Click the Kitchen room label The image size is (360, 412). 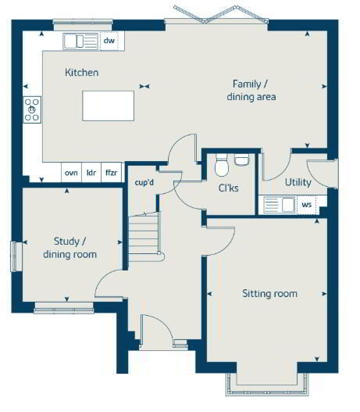click(x=81, y=73)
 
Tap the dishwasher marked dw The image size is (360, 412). click(x=109, y=41)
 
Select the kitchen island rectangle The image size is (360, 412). click(x=108, y=106)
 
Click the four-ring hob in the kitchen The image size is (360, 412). click(x=32, y=109)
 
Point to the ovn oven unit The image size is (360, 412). click(x=71, y=173)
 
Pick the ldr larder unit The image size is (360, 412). click(x=91, y=173)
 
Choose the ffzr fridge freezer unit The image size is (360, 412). click(x=111, y=173)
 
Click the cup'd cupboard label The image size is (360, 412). click(x=144, y=183)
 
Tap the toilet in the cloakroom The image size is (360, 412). click(x=222, y=166)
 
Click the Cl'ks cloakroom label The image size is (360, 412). click(x=229, y=188)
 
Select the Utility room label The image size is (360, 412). click(x=298, y=182)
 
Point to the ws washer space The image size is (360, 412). click(x=306, y=204)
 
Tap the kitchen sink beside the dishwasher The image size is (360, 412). click(x=80, y=41)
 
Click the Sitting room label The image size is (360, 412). click(x=269, y=293)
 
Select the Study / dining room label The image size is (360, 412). click(x=70, y=248)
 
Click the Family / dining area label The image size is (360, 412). click(x=251, y=91)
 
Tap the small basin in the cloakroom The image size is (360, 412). click(x=241, y=159)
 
